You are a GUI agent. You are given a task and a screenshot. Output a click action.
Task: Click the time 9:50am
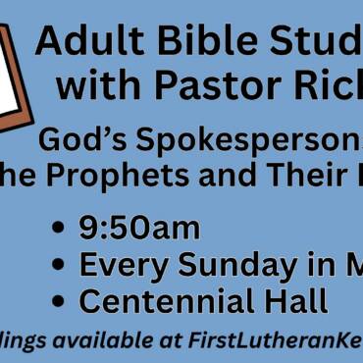pyautogui.click(x=139, y=229)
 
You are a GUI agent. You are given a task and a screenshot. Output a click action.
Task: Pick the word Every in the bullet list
pyautogui.click(x=118, y=265)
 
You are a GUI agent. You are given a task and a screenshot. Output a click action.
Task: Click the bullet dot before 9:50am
pyautogui.click(x=63, y=231)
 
